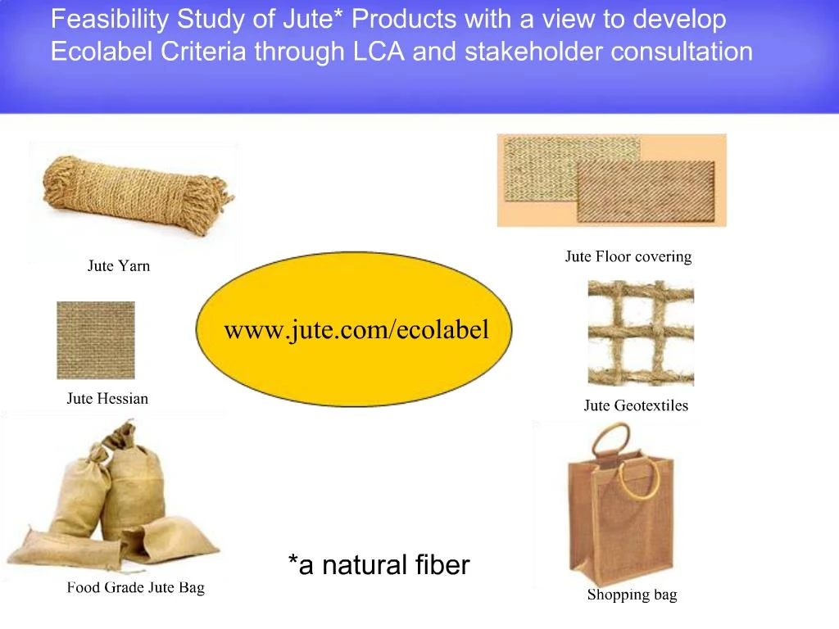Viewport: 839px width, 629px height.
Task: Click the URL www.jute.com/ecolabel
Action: (356, 330)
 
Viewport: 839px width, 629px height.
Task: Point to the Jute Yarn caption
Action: (119, 266)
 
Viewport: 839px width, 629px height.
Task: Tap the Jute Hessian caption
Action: (107, 400)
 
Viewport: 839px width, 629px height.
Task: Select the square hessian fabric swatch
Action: (96, 340)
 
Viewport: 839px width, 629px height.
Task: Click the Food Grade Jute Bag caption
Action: (135, 587)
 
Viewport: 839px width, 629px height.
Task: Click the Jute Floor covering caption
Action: (628, 257)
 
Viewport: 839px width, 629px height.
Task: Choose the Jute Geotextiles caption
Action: (636, 405)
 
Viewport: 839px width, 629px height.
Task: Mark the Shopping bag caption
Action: (632, 595)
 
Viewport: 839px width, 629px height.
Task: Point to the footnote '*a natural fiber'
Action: (379, 565)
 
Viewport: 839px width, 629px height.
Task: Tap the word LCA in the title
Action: (380, 52)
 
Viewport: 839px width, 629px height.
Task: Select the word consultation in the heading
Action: (682, 52)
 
